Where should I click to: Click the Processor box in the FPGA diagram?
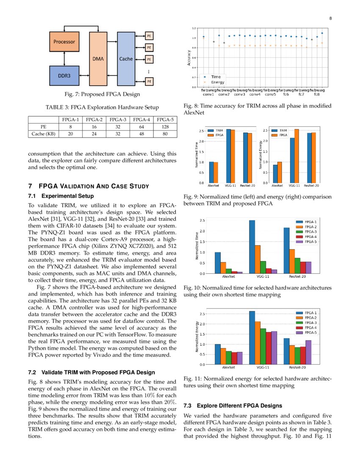coord(64,42)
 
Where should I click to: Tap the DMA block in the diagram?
coord(98,59)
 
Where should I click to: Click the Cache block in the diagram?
coord(126,59)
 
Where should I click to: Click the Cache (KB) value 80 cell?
coord(164,133)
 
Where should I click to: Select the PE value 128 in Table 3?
coord(164,126)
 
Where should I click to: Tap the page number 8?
coord(330,18)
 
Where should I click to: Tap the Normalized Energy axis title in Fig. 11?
coord(198,337)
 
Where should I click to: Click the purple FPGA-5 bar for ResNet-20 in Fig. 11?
coord(308,352)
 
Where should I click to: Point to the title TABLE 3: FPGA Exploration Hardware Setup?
coord(102,107)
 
